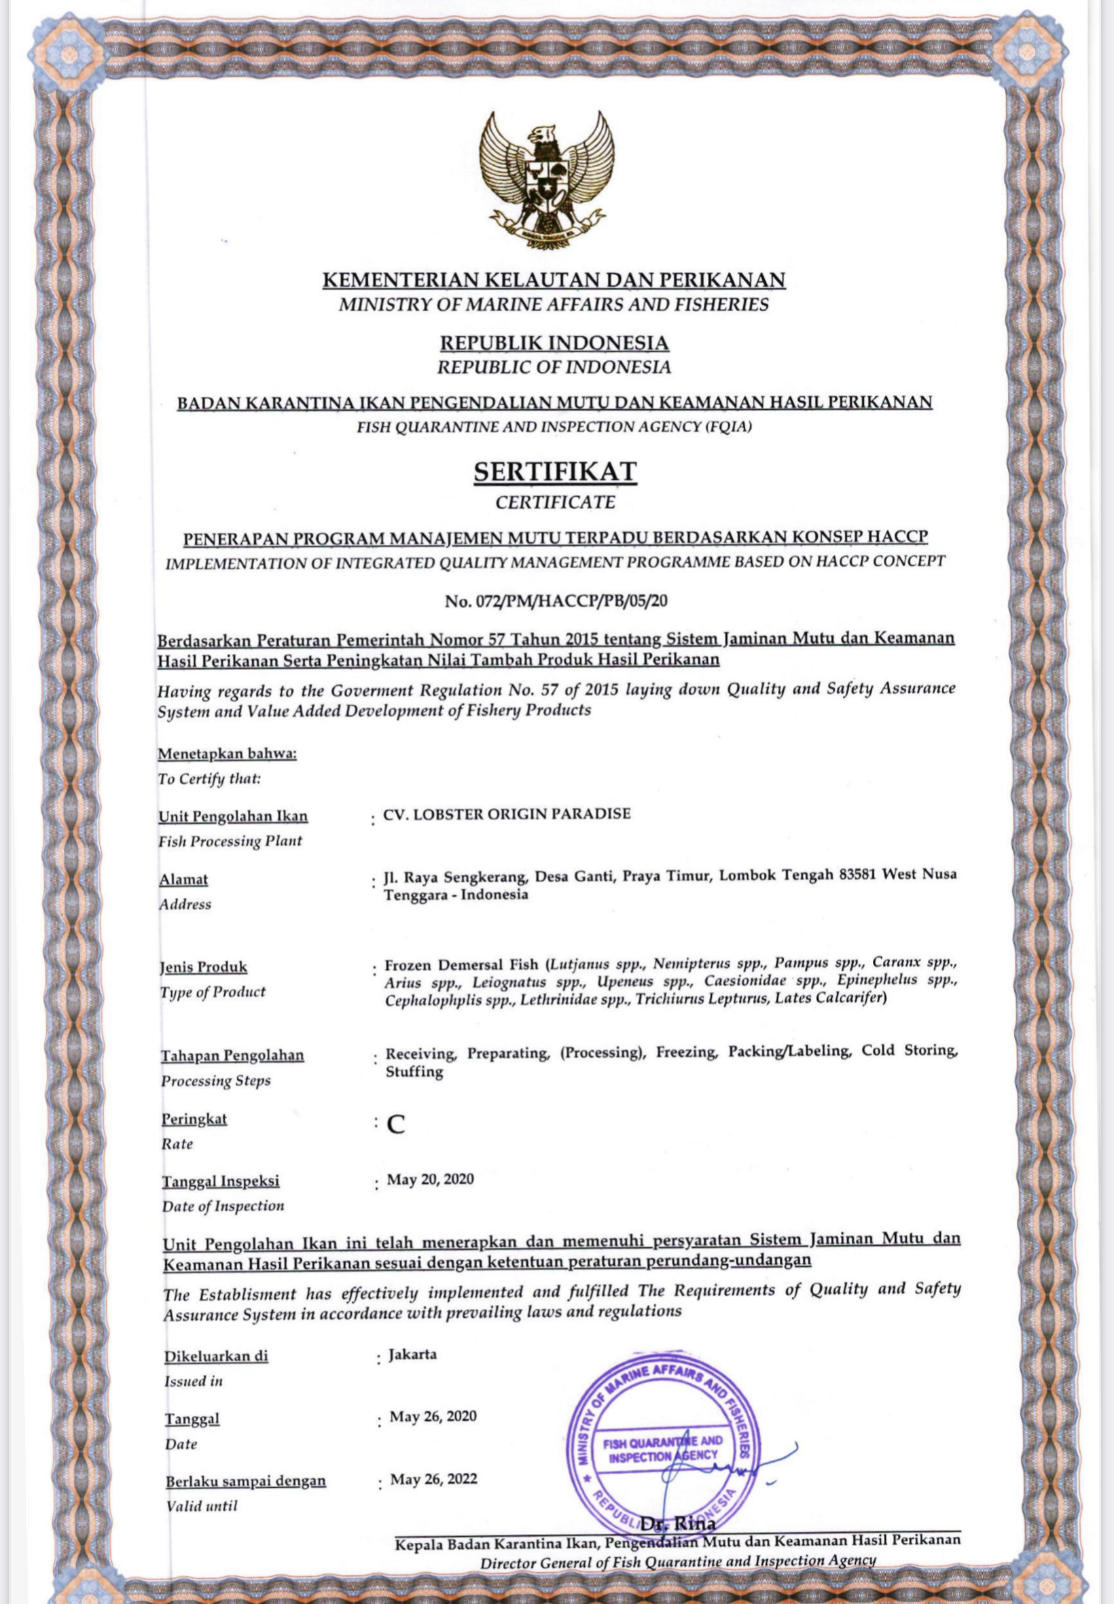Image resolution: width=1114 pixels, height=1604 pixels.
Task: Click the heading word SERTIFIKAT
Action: tap(555, 472)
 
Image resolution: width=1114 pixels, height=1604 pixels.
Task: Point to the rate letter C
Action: tap(397, 1125)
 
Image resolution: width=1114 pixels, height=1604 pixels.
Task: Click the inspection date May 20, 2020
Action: tap(431, 1179)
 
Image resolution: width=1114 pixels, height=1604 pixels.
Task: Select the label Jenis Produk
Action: tap(202, 967)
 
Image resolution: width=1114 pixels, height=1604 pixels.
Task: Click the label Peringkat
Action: tap(194, 1119)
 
